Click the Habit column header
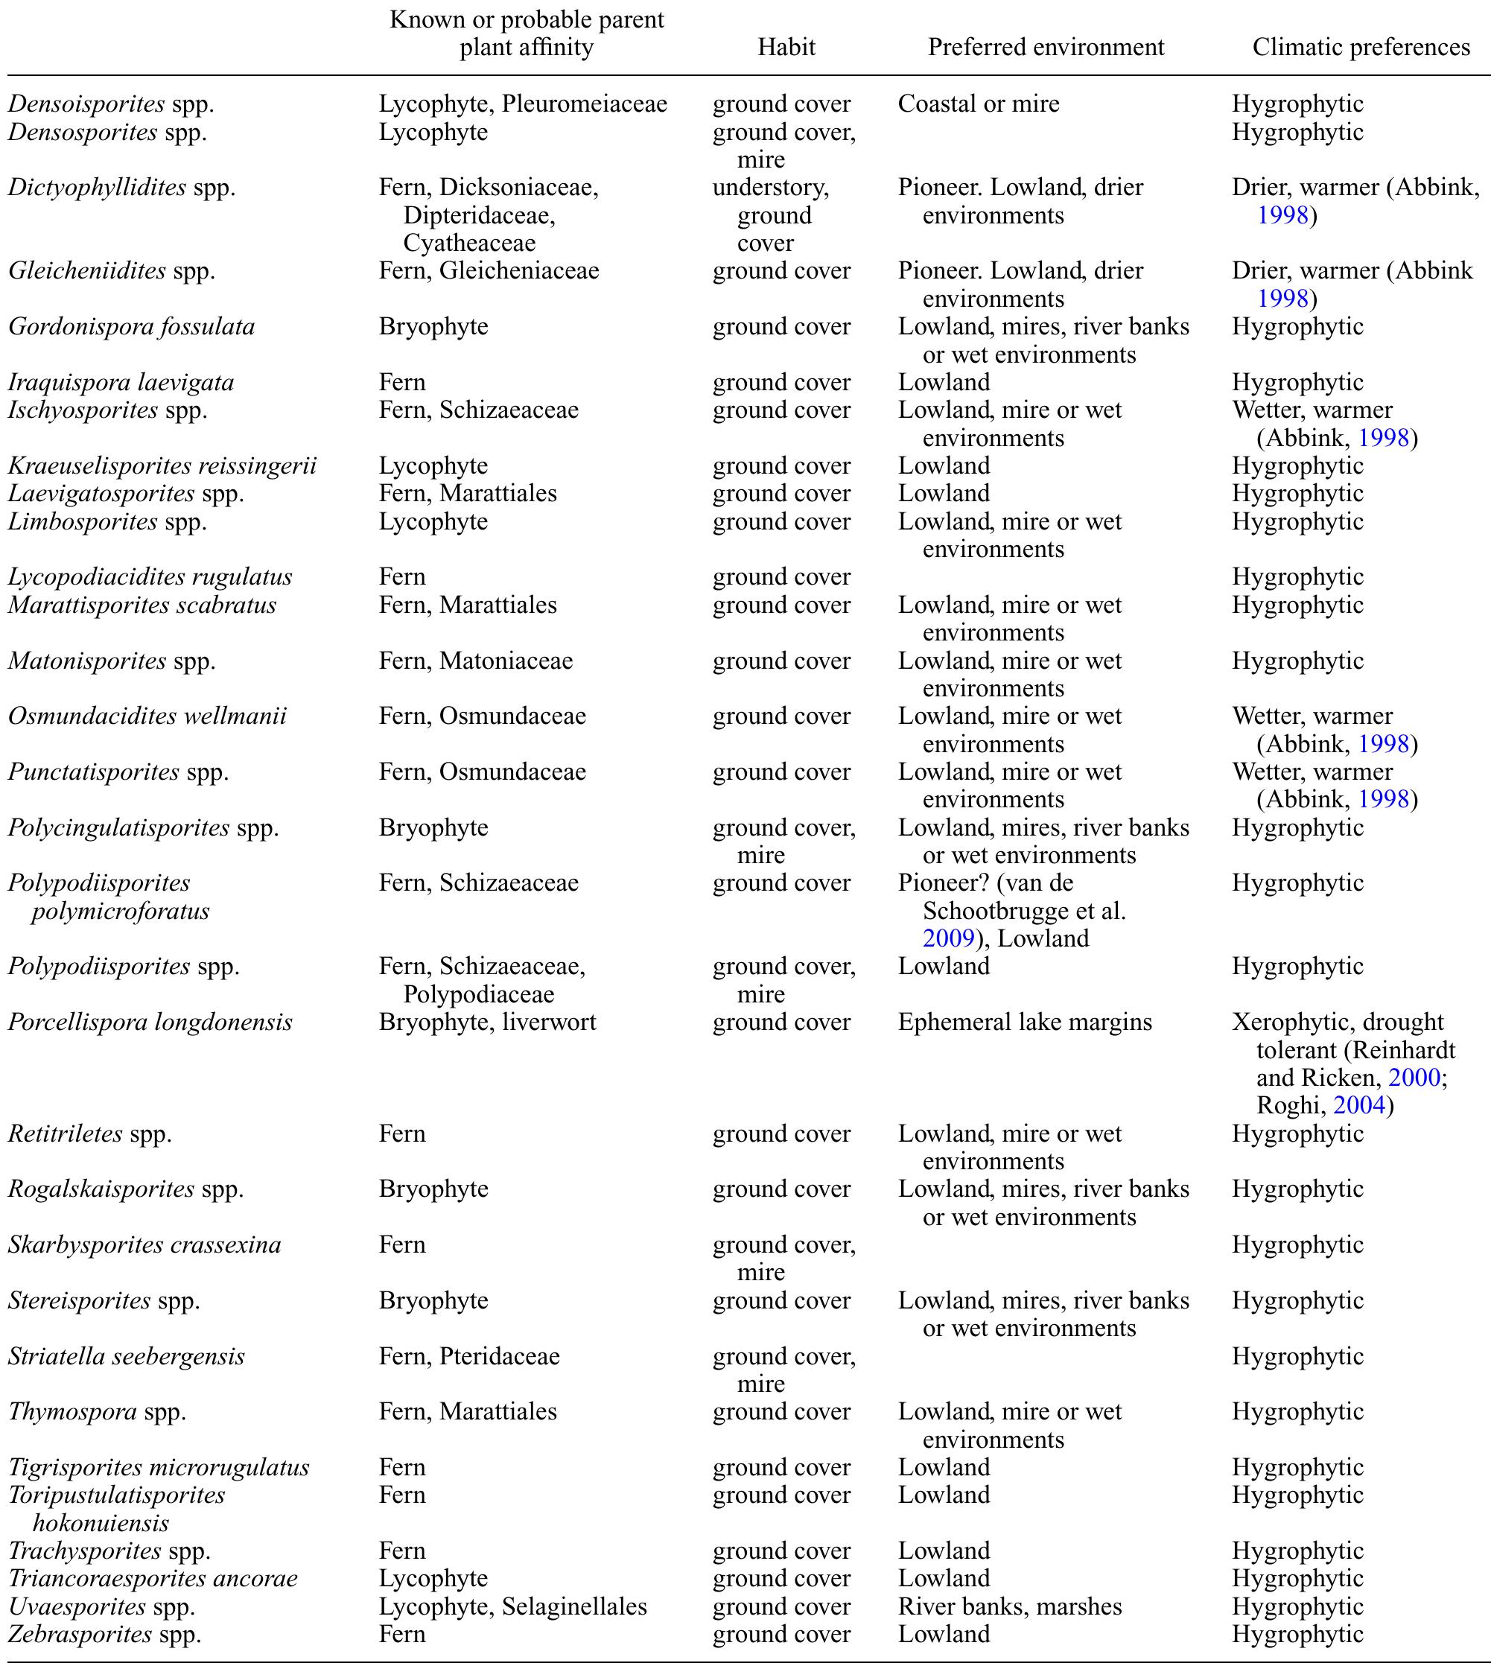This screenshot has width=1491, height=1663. (x=786, y=47)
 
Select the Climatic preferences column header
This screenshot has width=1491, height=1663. (x=1361, y=47)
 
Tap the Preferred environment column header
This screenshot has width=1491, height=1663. (x=1046, y=47)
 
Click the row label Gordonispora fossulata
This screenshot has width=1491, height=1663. (x=131, y=327)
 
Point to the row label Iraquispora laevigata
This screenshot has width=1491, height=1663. (x=121, y=383)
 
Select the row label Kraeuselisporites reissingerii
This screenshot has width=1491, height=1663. (x=162, y=466)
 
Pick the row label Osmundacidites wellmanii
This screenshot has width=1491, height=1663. (x=147, y=716)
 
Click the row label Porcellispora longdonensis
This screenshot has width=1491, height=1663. (x=150, y=1023)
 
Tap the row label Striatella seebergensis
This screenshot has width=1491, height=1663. (x=126, y=1357)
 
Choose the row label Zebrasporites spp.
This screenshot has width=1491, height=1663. (x=104, y=1634)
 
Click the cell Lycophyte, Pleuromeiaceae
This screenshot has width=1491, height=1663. (x=523, y=104)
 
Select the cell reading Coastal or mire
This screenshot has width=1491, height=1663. (x=978, y=104)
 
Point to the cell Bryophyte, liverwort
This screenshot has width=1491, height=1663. (x=487, y=1023)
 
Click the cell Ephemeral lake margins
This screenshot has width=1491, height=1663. (x=1025, y=1023)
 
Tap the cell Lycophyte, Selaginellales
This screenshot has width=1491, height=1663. (x=513, y=1606)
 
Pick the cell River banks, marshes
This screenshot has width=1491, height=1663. (x=1009, y=1606)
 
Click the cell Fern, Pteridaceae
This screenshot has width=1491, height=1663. (x=469, y=1357)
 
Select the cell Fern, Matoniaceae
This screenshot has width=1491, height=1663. (x=476, y=661)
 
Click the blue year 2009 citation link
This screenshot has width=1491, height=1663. (x=948, y=939)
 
